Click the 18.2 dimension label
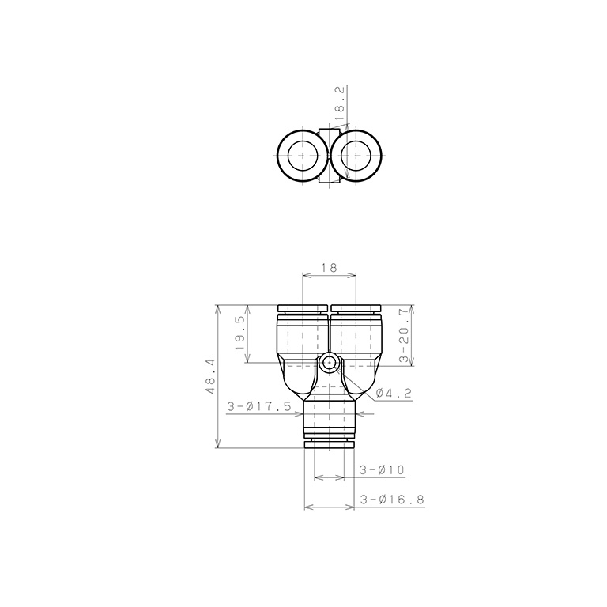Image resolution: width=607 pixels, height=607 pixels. coord(340,104)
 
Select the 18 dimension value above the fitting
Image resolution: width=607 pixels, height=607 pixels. coord(329,267)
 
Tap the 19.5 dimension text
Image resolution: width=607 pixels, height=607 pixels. coord(240,333)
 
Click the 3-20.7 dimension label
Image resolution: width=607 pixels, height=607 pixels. coord(404,335)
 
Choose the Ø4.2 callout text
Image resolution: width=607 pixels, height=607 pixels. coord(394,394)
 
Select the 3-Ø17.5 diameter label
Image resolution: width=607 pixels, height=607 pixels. coord(259,406)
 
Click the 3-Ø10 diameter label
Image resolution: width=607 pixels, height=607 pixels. coord(382,470)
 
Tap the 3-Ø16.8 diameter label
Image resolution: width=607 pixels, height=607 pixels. coord(393,500)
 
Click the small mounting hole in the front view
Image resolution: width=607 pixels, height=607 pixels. coord(329,363)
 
